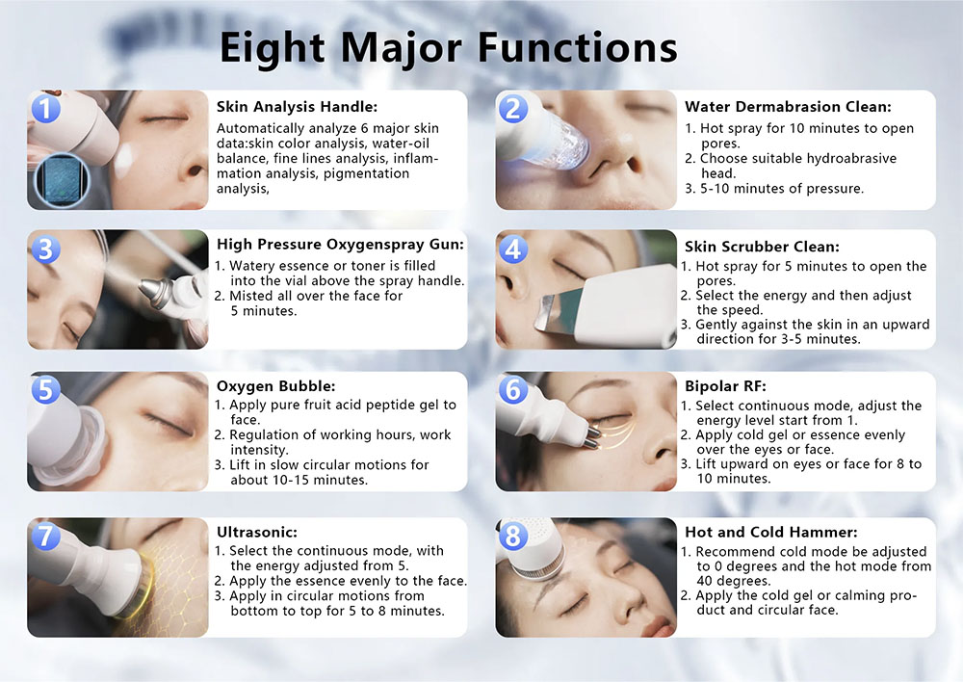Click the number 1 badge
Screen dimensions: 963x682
[x=45, y=108]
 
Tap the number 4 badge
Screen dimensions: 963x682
[x=513, y=249]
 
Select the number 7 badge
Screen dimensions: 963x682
[x=45, y=536]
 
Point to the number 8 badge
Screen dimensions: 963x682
[x=513, y=536]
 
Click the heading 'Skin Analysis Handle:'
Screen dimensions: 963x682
[x=297, y=107]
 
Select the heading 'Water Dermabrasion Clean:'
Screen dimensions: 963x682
[x=788, y=107]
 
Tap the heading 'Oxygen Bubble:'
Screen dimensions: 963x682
[x=275, y=386]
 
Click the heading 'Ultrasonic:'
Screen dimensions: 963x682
[x=257, y=532]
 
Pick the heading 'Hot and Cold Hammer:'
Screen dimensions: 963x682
[x=770, y=532]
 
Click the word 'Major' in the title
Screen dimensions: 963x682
[x=402, y=49]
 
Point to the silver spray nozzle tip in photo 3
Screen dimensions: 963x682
[x=152, y=291]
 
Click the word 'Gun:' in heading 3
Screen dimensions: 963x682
[x=447, y=245]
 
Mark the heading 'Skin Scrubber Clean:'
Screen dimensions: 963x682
[x=762, y=247]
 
